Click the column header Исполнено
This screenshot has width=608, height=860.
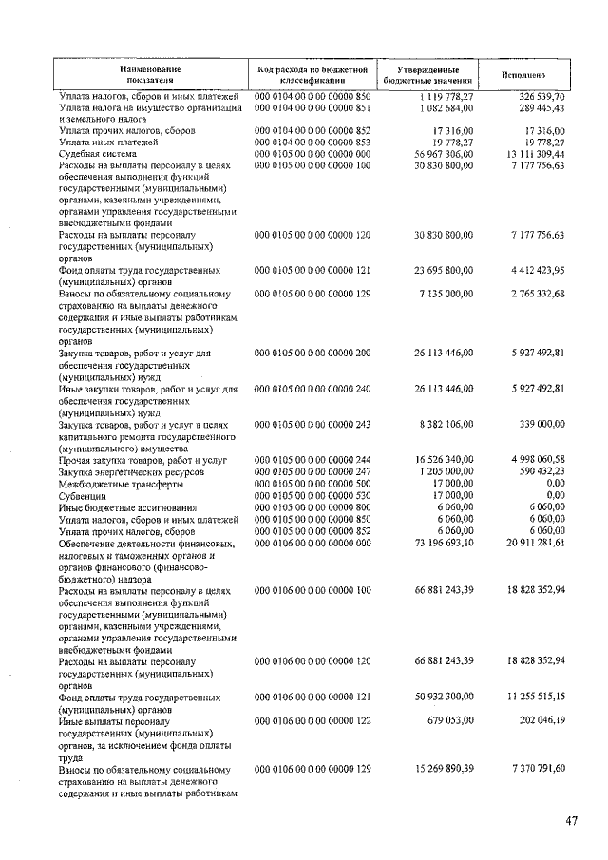pos(522,75)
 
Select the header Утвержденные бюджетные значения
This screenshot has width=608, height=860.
pos(423,75)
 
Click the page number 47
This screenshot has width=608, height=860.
pos(570,822)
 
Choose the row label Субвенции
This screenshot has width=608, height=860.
pos(82,495)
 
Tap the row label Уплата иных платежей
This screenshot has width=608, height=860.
pos(107,142)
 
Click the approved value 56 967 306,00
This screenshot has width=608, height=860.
pos(440,153)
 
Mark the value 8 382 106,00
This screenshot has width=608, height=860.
pos(444,425)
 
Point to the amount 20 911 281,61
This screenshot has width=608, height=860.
pos(531,542)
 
